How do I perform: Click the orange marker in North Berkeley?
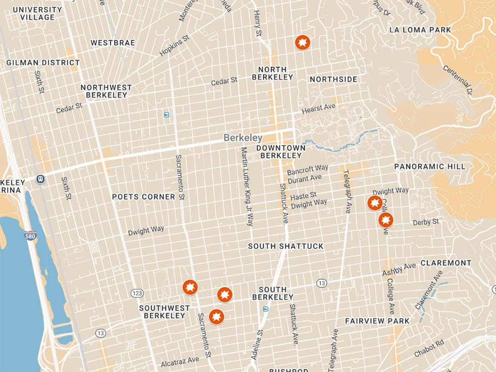click(x=302, y=42)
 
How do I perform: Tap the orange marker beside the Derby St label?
click(x=385, y=220)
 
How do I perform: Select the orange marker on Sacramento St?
click(x=190, y=287)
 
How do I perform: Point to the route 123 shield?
click(x=137, y=293)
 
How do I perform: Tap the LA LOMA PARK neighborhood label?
click(x=420, y=30)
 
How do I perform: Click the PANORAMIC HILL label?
click(x=429, y=166)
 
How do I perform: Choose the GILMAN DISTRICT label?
click(x=36, y=63)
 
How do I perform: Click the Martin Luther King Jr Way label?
click(x=247, y=187)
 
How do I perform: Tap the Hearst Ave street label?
click(x=319, y=108)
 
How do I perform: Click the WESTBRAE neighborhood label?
click(x=113, y=43)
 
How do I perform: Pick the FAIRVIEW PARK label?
click(x=377, y=321)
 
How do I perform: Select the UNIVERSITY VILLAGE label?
click(x=37, y=13)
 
